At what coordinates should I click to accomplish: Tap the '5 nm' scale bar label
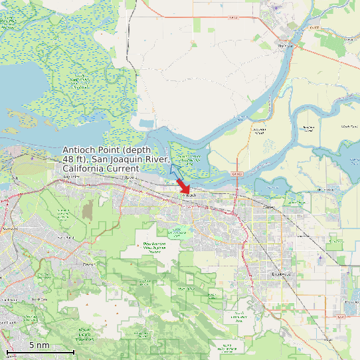[x=39, y=345]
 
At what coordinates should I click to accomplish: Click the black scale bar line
[x=40, y=351]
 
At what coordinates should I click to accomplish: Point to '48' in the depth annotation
[x=69, y=159]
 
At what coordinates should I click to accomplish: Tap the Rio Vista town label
[x=285, y=45]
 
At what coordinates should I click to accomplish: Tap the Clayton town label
[x=88, y=264]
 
